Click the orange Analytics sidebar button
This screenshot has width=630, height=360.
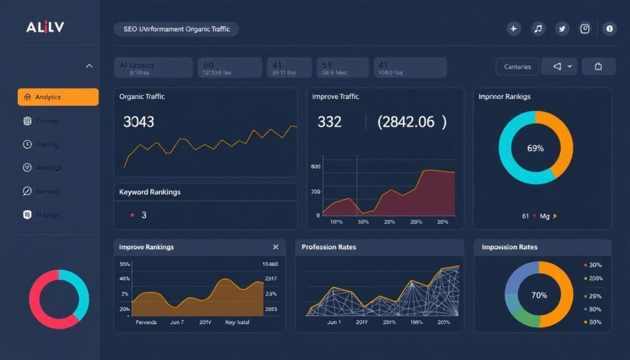pyautogui.click(x=58, y=97)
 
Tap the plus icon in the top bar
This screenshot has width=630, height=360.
pyautogui.click(x=514, y=28)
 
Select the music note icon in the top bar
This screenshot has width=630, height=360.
pyautogui.click(x=538, y=28)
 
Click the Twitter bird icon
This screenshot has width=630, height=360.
pyautogui.click(x=562, y=28)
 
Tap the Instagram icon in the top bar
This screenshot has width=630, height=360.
pyautogui.click(x=585, y=28)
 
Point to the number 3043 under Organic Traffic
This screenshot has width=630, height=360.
pyautogui.click(x=138, y=122)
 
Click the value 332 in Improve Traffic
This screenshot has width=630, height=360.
pyautogui.click(x=329, y=122)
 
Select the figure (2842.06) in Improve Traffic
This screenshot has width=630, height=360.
pyautogui.click(x=412, y=122)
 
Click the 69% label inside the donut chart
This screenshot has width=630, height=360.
pyautogui.click(x=535, y=148)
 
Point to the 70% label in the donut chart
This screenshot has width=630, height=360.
pyautogui.click(x=539, y=295)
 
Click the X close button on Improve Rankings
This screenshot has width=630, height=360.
pyautogui.click(x=276, y=247)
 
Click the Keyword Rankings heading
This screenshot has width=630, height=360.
pyautogui.click(x=150, y=192)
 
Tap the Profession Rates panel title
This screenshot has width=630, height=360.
pyautogui.click(x=329, y=247)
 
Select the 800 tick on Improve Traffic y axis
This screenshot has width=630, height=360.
pyautogui.click(x=316, y=167)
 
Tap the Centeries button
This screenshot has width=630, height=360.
pyautogui.click(x=517, y=66)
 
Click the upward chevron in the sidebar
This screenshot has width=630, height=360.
pyautogui.click(x=89, y=65)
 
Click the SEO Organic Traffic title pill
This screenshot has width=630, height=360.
pyautogui.click(x=176, y=29)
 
